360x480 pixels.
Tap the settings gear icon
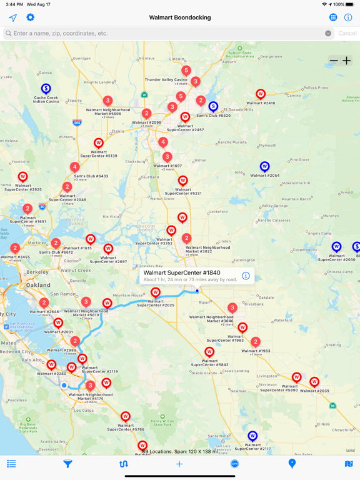[30, 17]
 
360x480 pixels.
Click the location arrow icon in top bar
[12, 17]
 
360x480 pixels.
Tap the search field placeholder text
[61, 33]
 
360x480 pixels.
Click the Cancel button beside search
[347, 33]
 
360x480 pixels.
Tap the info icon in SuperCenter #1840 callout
[246, 276]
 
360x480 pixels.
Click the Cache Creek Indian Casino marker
[46, 89]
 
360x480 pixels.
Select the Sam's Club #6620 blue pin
[213, 107]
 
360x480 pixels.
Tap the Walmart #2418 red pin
[261, 94]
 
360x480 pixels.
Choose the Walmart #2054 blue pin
[264, 167]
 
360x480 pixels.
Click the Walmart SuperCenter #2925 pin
[22, 177]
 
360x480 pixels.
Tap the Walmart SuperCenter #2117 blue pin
[252, 436]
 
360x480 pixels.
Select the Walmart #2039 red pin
[314, 382]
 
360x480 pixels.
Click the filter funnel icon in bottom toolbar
[67, 464]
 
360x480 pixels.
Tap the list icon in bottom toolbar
[11, 464]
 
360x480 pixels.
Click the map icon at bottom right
[349, 464]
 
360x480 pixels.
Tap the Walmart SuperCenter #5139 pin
[98, 144]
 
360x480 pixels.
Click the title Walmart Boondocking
[180, 17]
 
